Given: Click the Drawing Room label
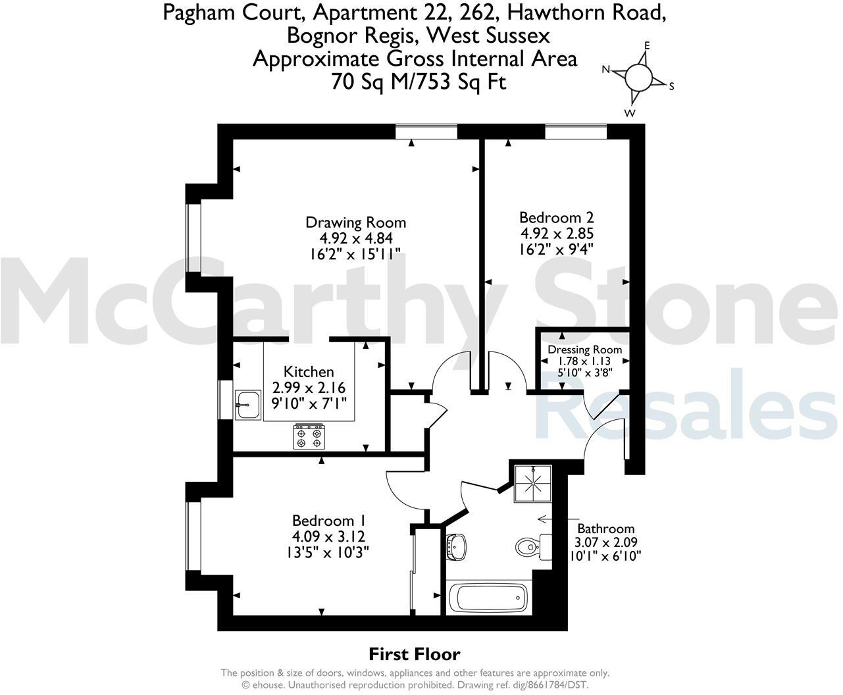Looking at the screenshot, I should pos(355,222).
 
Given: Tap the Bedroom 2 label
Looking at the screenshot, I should pos(551,217).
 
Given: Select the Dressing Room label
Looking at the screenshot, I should pos(584,349).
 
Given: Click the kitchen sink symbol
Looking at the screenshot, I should pos(247,403).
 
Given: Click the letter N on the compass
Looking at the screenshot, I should pos(606,69).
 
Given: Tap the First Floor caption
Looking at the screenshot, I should pos(414,654).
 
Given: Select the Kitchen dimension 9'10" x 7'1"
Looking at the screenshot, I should pos(309,403).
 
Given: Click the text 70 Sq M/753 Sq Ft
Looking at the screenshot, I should pos(419,82).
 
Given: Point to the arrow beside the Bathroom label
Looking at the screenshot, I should pos(545,519).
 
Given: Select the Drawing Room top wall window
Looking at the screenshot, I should pos(426,132).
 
